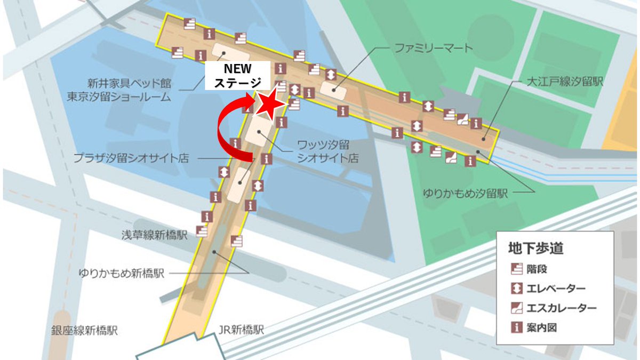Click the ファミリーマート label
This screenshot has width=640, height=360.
point(434,49)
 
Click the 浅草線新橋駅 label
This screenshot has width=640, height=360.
point(155,235)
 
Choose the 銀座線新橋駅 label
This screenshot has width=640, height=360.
point(85,331)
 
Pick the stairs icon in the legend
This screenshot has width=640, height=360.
point(516,269)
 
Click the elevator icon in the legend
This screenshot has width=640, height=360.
point(516,289)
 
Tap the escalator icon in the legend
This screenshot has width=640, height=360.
point(516,308)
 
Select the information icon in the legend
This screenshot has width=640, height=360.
point(516,327)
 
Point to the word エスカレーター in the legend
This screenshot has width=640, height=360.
point(561,308)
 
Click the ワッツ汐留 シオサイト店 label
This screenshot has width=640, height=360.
point(327,152)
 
